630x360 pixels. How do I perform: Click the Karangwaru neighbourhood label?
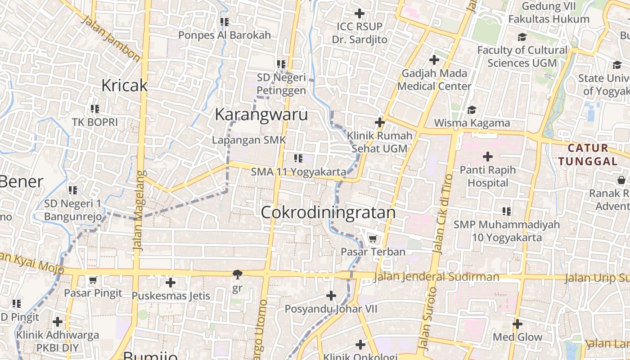[261, 115]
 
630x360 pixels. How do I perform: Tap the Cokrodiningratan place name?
[328, 212]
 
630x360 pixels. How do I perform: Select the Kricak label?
[125, 85]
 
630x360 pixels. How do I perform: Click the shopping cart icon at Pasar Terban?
[372, 238]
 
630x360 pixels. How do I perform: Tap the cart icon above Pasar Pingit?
[93, 280]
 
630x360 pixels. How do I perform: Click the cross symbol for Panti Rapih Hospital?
[488, 157]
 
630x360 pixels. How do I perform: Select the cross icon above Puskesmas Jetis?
[170, 283]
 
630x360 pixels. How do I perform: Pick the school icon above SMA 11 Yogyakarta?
[298, 158]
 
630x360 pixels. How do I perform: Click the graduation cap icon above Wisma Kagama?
[472, 110]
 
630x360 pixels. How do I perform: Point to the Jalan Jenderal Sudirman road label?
[436, 277]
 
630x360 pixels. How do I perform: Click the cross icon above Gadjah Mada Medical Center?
[434, 59]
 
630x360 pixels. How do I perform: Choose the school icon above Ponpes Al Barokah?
[225, 22]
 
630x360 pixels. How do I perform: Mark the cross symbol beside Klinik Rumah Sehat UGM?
[380, 122]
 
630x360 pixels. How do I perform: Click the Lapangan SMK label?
[249, 140]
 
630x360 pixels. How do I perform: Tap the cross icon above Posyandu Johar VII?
[331, 296]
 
